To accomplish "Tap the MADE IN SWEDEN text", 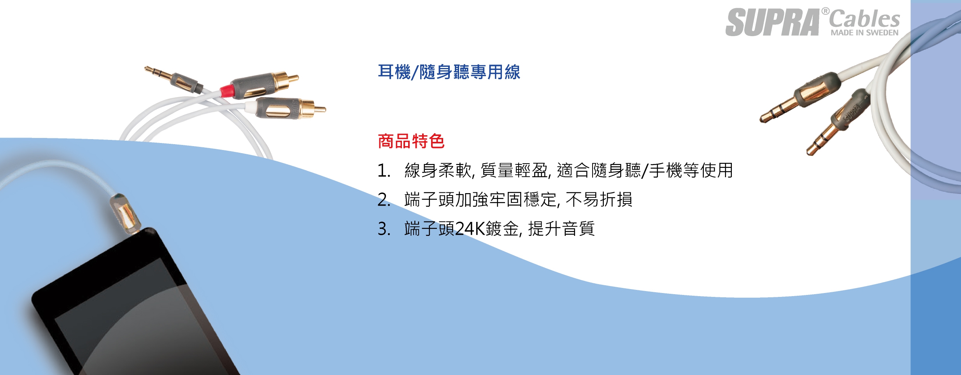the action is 865,33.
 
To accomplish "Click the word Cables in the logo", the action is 865,19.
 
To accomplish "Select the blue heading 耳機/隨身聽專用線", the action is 449,72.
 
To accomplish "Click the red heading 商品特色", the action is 411,141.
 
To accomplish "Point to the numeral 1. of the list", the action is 384,171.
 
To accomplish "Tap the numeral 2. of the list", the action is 384,200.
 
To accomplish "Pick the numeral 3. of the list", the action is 384,229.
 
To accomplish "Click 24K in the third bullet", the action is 470,229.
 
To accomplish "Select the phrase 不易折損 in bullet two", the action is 599,200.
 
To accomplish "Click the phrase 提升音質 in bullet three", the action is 561,229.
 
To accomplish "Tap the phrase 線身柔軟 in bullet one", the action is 438,171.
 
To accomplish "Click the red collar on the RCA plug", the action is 227,91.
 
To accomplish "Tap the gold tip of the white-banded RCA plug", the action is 320,110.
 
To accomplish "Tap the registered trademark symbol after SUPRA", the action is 825,11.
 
